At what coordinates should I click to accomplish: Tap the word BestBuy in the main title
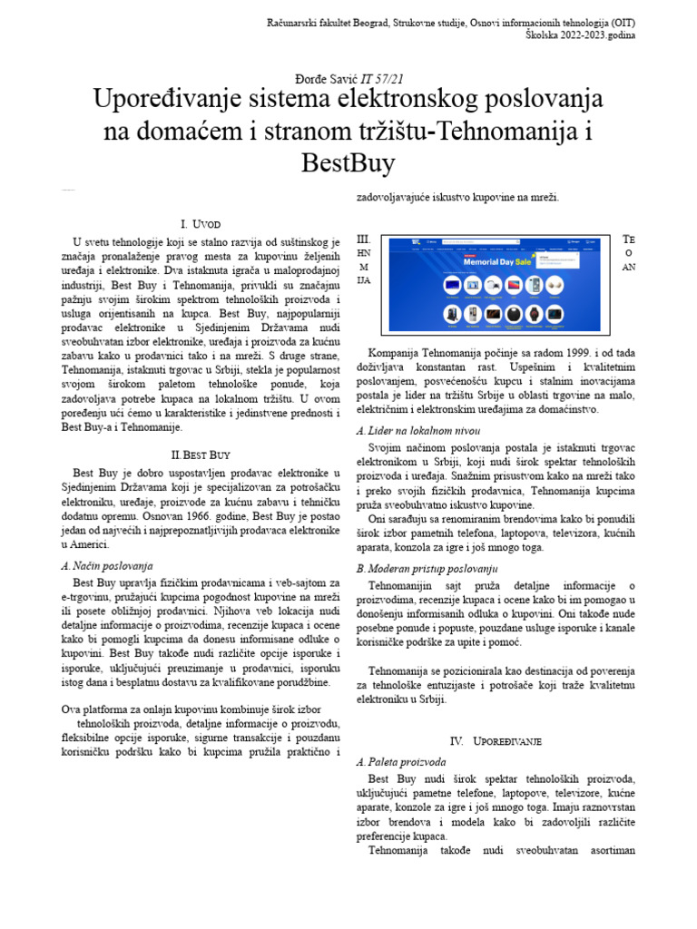tap(348, 163)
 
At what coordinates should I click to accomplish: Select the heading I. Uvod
tap(200, 224)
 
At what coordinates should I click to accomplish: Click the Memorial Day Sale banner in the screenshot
tap(496, 260)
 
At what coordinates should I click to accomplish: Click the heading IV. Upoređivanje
tap(496, 741)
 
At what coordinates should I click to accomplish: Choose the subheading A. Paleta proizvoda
tap(401, 762)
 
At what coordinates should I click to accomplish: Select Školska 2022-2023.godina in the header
tap(581, 34)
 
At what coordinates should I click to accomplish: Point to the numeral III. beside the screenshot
tap(363, 239)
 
